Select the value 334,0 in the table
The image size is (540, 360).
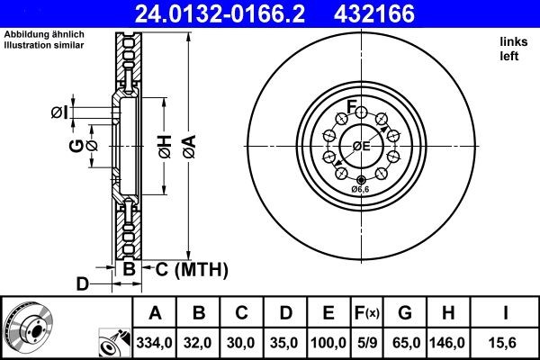tap(155, 343)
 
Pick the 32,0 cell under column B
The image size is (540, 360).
tap(200, 343)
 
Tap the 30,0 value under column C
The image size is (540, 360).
tap(242, 343)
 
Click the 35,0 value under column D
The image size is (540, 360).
tap(285, 343)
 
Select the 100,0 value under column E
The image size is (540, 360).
tap(329, 343)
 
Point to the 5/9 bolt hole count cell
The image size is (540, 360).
tap(367, 343)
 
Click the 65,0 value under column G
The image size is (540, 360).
tap(405, 343)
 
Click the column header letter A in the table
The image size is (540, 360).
tap(155, 313)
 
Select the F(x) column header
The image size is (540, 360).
tap(367, 313)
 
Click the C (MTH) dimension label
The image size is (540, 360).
tap(185, 269)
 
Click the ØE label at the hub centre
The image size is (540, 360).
tap(361, 145)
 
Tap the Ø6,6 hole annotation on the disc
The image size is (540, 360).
tap(360, 190)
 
